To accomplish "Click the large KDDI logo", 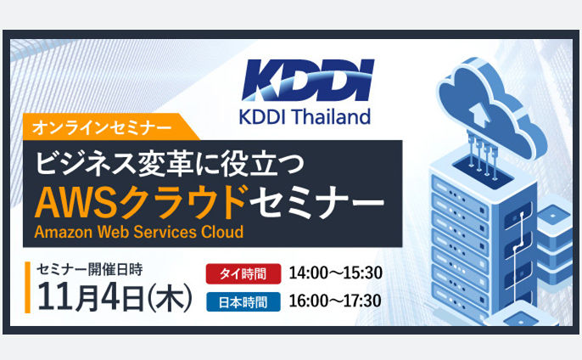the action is coord(308,80).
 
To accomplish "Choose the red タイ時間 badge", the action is coord(243,273).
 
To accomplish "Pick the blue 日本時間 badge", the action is coord(243,302).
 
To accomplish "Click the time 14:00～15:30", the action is coord(336,273).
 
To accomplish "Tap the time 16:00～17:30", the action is coord(335,301).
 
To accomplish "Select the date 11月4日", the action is coord(91,297).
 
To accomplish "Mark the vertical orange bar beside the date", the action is coord(27,288).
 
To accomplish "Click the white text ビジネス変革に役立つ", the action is coord(170,164).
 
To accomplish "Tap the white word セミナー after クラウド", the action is coord(316,203).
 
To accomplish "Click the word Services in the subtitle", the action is coord(165,232).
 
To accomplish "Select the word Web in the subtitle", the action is coord(113,232).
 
